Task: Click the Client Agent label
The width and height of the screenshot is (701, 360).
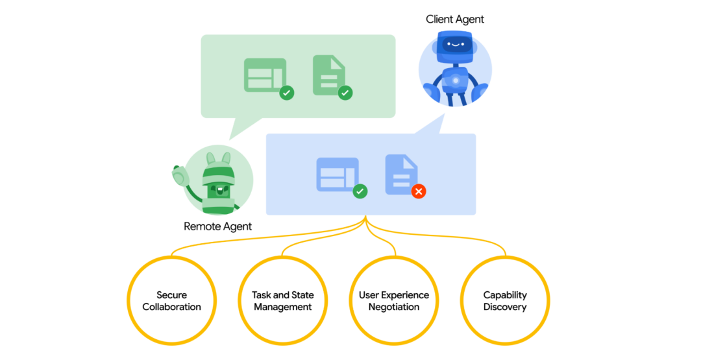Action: tap(455, 19)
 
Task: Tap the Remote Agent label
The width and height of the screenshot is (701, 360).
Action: tap(217, 226)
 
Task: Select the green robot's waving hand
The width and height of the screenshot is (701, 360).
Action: tap(180, 175)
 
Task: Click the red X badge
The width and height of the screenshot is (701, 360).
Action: tap(419, 191)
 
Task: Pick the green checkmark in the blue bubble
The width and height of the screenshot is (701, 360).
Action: tap(360, 191)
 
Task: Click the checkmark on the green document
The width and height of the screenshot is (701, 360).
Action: tap(345, 93)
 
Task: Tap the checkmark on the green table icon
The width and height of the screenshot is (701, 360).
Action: tap(286, 93)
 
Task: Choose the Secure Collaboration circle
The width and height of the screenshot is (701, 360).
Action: tap(172, 301)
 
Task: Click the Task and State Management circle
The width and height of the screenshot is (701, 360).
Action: tap(283, 301)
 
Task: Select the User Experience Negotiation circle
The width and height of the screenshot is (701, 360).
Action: tap(394, 301)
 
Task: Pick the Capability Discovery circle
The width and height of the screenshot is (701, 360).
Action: tap(505, 301)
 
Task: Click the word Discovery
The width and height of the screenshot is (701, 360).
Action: tap(505, 307)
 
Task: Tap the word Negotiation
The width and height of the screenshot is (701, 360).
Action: tap(394, 307)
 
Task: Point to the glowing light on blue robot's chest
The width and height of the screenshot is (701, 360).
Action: tap(456, 80)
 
